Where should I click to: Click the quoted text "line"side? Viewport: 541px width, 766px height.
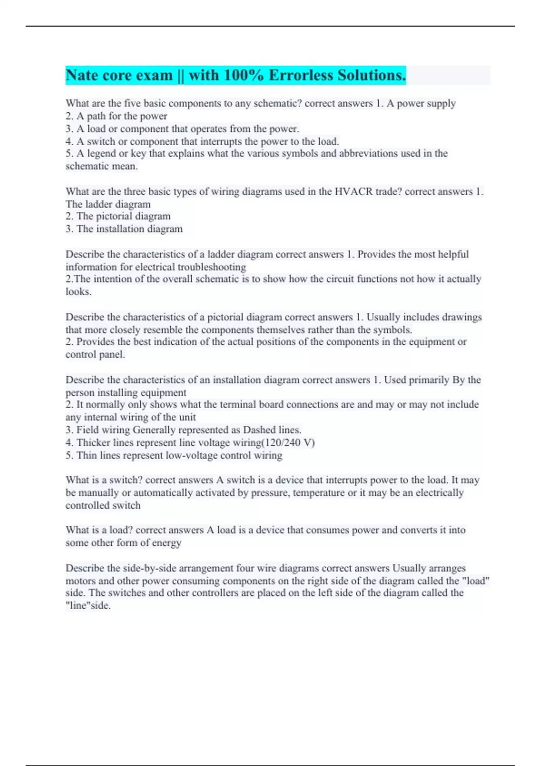[88, 606]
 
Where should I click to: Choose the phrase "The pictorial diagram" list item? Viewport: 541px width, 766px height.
[123, 216]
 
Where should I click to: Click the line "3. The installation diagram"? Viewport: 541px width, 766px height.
[124, 229]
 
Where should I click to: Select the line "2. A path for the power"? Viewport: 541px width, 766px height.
[116, 116]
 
